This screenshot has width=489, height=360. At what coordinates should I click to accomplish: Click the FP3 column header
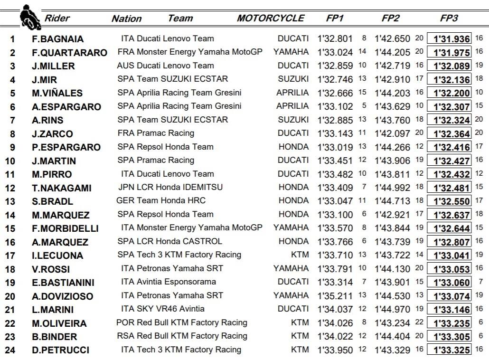[x=449, y=19]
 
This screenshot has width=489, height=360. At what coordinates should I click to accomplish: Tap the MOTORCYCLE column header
[x=271, y=19]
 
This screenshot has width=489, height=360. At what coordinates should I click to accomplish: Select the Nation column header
[x=126, y=19]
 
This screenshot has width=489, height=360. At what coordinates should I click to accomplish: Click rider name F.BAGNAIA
[x=58, y=39]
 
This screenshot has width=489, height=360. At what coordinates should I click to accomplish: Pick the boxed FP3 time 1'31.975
[x=449, y=52]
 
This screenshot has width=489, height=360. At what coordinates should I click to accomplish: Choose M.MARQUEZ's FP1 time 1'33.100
[x=335, y=215]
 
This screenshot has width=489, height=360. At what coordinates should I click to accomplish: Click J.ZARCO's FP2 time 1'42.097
[x=392, y=133]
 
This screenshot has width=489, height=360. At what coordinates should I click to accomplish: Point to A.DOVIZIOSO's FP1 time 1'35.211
[x=335, y=296]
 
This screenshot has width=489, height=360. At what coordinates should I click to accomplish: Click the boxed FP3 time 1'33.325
[x=449, y=351]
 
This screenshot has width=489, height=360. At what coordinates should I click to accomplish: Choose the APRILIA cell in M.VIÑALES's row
[x=292, y=93]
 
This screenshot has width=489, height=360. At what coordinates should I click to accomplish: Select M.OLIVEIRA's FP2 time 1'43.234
[x=392, y=323]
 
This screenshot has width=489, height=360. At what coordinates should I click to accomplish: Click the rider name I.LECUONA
[x=57, y=256]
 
